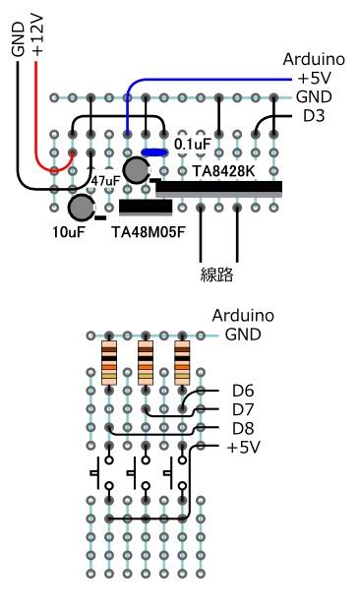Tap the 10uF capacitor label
70,233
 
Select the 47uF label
105,181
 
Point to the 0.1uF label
192,145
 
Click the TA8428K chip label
223,171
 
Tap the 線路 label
217,275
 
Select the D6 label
243,391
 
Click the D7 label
243,409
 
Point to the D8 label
243,428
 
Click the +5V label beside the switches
243,447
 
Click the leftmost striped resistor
108,362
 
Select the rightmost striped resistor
182,362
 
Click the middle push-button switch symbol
138,475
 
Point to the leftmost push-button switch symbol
101,475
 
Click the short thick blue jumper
154,152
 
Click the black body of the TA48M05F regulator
146,207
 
